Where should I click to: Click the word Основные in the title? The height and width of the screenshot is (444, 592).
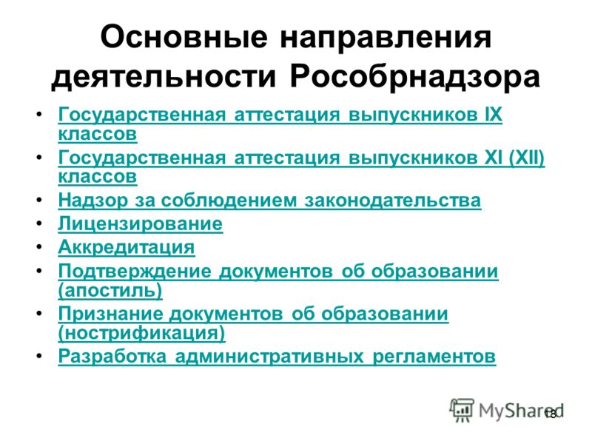pos(184,37)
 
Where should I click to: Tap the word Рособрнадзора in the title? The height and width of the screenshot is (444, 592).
pos(415,78)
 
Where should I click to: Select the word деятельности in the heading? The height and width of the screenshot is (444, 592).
pos(164,78)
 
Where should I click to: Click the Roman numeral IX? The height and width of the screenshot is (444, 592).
pos(493,115)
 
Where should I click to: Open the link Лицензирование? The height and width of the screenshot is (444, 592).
pos(141,224)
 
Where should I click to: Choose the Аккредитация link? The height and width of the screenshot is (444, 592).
pos(127,248)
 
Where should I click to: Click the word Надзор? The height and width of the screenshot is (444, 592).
pos(93,200)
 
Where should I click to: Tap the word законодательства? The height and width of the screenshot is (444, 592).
pos(393,200)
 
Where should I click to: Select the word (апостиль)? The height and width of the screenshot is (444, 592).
pos(110,291)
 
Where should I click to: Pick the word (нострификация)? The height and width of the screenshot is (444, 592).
pos(141,333)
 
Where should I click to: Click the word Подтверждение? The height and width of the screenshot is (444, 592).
pos(135,271)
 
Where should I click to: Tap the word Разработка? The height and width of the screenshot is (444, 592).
pos(112,356)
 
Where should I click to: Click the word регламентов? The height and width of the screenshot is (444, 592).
pos(434,357)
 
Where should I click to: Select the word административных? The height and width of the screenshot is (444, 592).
pos(269,357)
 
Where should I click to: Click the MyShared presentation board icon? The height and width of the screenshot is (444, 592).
pos(461,410)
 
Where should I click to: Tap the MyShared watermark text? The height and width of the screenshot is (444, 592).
pos(521,411)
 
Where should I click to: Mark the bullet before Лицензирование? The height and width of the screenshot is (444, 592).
pos(39,224)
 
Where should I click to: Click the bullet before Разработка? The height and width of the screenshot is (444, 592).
pos(39,356)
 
